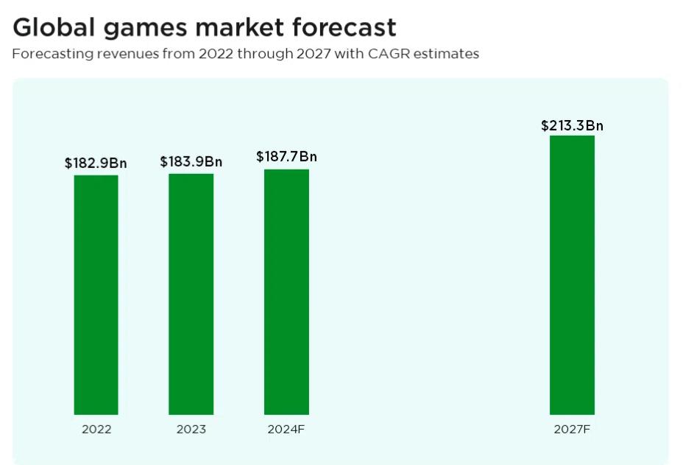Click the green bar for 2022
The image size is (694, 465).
(x=96, y=295)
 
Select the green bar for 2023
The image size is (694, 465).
(x=191, y=294)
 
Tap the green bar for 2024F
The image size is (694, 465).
(x=286, y=292)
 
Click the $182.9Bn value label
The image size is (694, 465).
(x=96, y=163)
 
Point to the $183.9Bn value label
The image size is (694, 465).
(x=191, y=161)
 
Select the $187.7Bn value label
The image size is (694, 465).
(x=286, y=157)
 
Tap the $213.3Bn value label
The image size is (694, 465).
(x=572, y=125)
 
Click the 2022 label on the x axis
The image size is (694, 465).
(x=96, y=429)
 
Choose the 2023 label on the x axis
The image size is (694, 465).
(x=191, y=429)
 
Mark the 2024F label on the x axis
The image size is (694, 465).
(x=286, y=429)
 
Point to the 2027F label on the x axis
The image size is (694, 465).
(x=572, y=429)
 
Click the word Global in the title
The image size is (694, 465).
(x=53, y=27)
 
